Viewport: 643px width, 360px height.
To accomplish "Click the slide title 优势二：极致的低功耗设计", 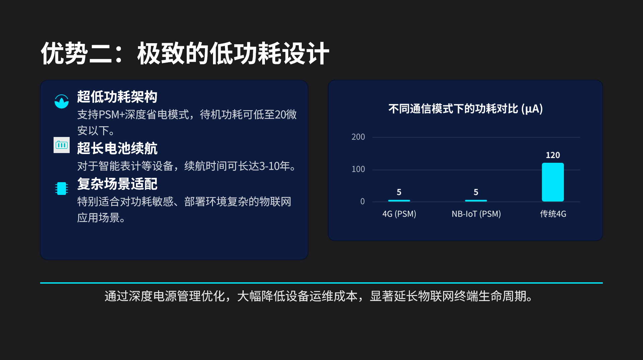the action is point(185,54).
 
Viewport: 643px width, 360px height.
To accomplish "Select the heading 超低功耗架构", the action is point(117,97).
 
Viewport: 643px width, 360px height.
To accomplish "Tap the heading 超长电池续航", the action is point(117,148).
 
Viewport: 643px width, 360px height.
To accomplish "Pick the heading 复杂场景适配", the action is point(117,184).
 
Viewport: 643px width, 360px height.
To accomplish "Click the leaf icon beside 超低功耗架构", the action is point(62,101).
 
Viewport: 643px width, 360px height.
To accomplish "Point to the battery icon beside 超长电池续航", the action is point(62,145).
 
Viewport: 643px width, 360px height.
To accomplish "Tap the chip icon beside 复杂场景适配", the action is point(62,189).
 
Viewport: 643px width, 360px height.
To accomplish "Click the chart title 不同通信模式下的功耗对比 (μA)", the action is point(466,109).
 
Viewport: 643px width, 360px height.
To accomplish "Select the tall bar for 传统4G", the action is point(553,182).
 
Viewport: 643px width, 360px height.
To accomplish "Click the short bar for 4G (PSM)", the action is point(399,201).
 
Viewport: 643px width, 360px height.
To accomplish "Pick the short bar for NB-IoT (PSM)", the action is point(476,201).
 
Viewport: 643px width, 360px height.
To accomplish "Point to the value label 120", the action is point(553,155).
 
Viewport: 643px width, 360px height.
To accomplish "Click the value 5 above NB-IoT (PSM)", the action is point(476,192).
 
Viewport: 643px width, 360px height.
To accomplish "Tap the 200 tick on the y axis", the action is point(358,137).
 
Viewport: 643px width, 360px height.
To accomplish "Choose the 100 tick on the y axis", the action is point(358,169).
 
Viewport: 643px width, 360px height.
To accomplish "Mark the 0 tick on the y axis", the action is point(362,201).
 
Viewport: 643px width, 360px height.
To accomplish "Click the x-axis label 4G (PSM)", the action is point(399,214).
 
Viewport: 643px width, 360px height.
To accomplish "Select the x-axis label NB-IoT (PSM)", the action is point(476,214).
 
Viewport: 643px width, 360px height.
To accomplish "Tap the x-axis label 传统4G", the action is point(553,214).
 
